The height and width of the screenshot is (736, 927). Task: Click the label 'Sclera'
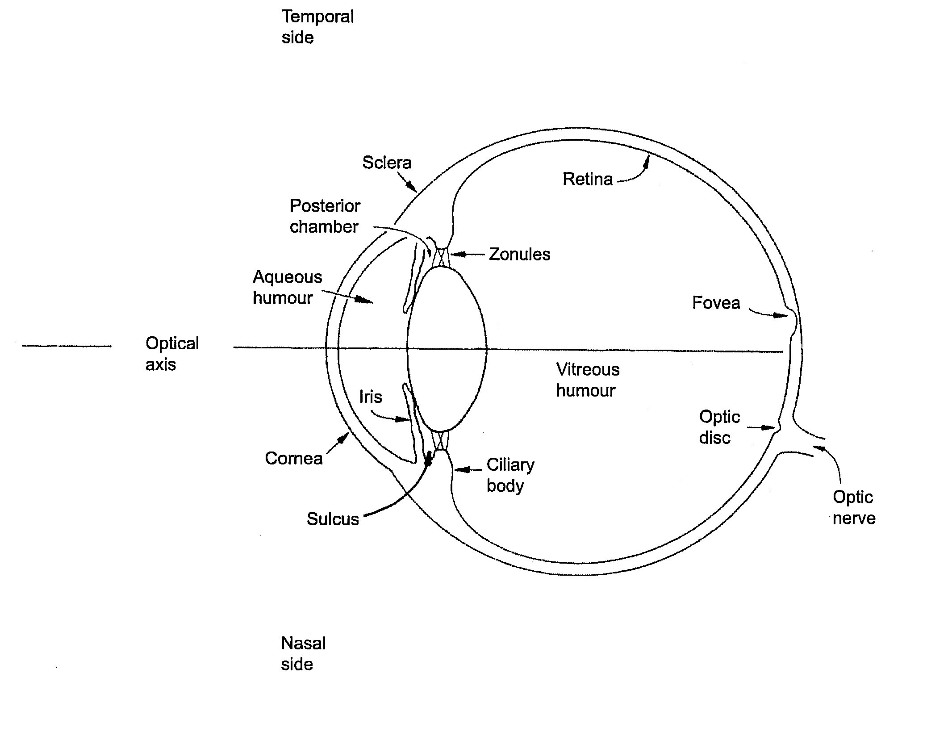tap(386, 163)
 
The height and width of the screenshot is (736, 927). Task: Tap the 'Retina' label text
tap(587, 179)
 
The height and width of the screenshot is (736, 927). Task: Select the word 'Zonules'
tap(519, 255)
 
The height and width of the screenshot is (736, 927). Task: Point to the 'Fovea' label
tap(716, 303)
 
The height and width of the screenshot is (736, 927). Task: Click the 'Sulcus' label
tap(333, 519)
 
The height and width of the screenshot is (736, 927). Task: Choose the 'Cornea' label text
tap(293, 458)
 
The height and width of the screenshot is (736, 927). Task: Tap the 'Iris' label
tap(371, 397)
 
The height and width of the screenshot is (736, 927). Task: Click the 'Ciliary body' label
tap(510, 475)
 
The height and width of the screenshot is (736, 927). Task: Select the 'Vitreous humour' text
tap(587, 380)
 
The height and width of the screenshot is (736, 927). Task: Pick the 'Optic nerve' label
tap(854, 507)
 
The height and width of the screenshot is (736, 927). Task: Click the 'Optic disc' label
tap(719, 427)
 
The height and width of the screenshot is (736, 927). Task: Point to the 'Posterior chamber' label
tap(325, 216)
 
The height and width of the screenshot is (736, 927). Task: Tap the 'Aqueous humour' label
tap(287, 287)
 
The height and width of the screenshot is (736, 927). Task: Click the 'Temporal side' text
tap(317, 27)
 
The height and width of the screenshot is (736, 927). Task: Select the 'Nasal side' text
tap(303, 653)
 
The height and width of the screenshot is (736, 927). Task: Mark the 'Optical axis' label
tap(172, 354)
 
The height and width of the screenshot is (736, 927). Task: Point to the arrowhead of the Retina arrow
tap(647, 160)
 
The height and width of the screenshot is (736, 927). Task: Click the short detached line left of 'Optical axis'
tap(67, 346)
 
